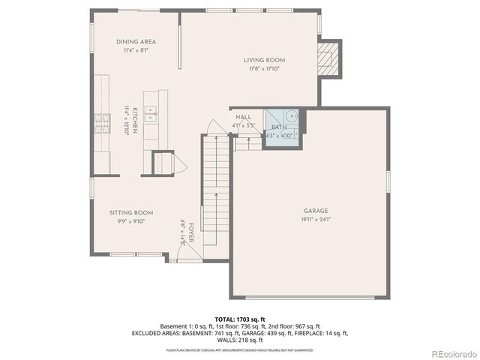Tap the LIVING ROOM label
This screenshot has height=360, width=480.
(264, 60)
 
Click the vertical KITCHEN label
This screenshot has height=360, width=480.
(135, 120)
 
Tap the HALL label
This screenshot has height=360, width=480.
(243, 118)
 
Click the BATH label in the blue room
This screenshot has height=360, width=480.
(279, 127)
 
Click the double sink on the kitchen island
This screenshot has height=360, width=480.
(152, 114)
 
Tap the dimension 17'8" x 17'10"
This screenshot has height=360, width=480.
(264, 69)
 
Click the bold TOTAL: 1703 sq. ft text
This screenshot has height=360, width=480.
(239, 319)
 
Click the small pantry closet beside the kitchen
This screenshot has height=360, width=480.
(163, 162)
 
